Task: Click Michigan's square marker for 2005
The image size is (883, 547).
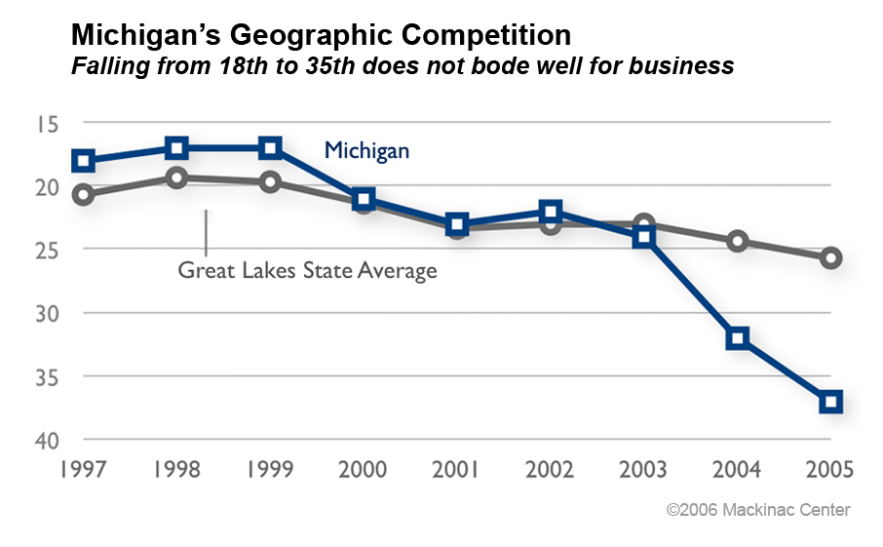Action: click(830, 402)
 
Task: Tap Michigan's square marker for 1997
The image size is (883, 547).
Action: click(84, 161)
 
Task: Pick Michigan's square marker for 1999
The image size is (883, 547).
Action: click(271, 148)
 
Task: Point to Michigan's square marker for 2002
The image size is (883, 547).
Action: click(551, 212)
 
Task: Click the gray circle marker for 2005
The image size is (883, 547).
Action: click(830, 258)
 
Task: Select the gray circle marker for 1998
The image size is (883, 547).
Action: click(176, 177)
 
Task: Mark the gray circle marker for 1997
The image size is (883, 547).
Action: click(84, 194)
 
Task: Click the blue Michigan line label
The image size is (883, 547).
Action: click(366, 151)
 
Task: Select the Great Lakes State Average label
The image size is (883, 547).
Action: click(307, 270)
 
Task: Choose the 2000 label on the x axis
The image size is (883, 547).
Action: click(364, 469)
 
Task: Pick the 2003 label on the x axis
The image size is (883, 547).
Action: click(644, 469)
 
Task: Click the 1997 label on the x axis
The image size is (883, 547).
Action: click(84, 469)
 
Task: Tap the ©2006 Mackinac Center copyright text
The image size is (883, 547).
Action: click(757, 510)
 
